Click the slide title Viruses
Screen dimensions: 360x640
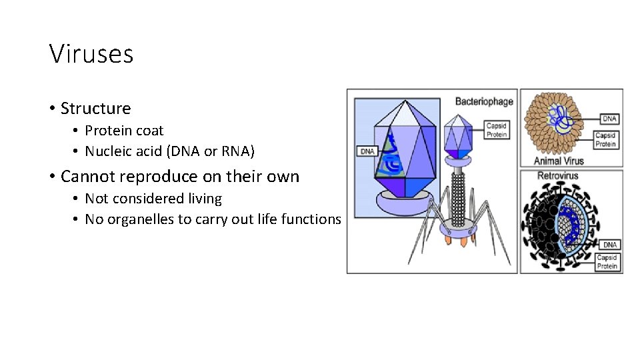[91, 53]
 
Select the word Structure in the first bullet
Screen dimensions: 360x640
[95, 108]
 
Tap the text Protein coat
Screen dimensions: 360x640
[124, 131]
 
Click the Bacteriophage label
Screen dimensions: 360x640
[484, 101]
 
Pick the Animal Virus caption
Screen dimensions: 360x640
[559, 161]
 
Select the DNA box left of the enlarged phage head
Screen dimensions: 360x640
[367, 151]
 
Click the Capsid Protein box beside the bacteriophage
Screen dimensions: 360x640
[496, 130]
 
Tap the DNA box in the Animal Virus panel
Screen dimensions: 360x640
[609, 119]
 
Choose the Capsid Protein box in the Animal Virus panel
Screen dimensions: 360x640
[605, 139]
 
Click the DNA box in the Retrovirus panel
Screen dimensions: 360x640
[609, 245]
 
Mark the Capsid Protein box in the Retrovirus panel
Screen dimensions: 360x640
[607, 262]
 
